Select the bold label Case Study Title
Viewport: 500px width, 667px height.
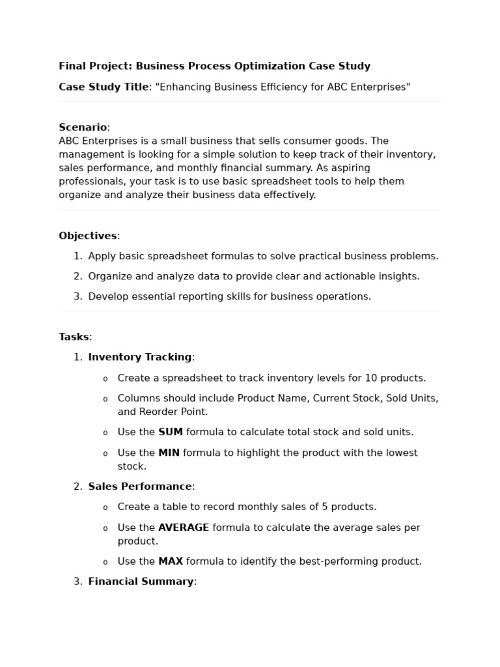[104, 87]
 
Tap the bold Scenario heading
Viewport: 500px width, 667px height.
[83, 127]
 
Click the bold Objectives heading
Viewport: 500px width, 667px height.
[88, 236]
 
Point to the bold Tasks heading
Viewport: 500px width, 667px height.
[74, 337]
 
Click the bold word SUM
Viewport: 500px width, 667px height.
[171, 432]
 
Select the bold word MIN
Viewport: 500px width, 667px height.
[169, 453]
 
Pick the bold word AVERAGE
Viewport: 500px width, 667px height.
[184, 528]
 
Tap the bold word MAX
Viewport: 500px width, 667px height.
[171, 561]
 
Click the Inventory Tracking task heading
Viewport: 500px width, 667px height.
[139, 357]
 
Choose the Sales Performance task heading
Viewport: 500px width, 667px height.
[139, 487]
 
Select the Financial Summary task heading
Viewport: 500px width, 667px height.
[141, 581]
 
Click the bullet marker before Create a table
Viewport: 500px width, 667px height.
[105, 507]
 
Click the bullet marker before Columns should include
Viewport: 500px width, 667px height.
[105, 399]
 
